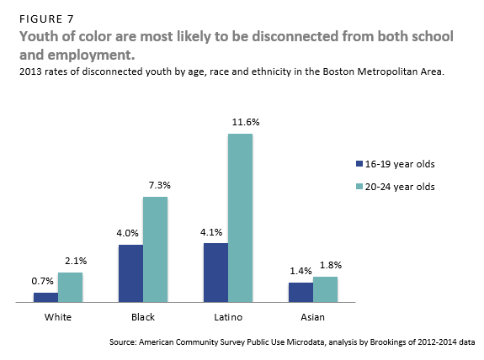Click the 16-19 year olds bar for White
[x=45, y=297]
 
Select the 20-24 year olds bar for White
[x=70, y=287]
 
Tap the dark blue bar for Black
[x=130, y=273]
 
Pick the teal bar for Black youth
[x=155, y=249]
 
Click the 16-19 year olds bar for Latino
[x=215, y=272]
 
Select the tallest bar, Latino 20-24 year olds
[x=240, y=217]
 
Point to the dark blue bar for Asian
[x=301, y=292]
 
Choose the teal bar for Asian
[x=325, y=289]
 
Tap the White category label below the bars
[x=58, y=317]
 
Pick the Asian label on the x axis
[x=312, y=317]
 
